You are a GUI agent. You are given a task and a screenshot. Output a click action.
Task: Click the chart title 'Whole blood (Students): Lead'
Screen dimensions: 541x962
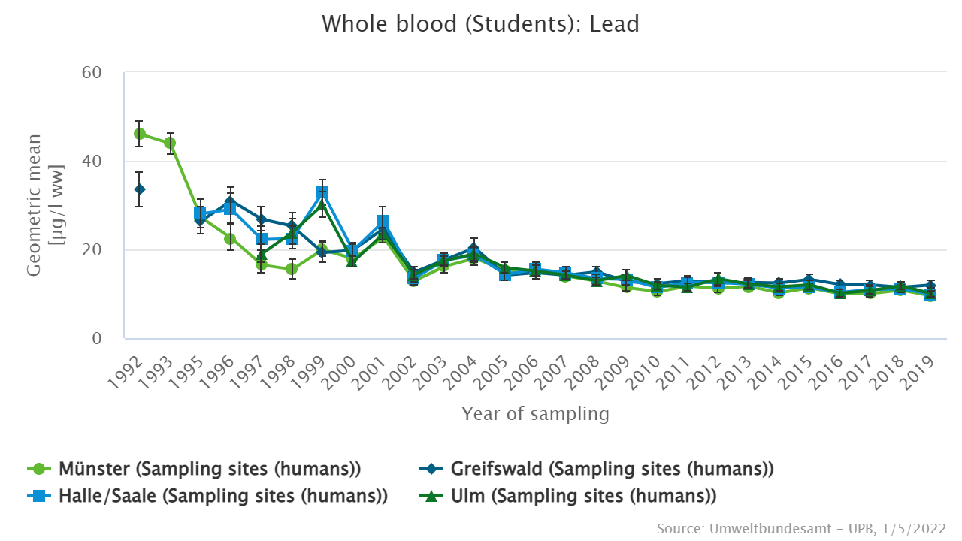(x=480, y=24)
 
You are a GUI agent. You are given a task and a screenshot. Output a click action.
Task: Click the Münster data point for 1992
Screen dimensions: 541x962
(x=140, y=134)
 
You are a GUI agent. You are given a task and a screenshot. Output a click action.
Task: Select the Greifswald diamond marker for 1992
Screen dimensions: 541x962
(x=140, y=189)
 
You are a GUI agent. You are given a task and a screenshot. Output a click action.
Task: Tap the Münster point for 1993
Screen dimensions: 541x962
(x=170, y=143)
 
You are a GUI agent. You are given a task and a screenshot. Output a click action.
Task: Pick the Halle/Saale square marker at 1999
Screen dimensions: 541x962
(x=322, y=193)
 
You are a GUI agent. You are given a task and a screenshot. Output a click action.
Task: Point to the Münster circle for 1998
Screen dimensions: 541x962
(x=292, y=269)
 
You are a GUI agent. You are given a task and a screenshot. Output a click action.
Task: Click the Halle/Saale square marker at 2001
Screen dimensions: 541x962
(x=383, y=222)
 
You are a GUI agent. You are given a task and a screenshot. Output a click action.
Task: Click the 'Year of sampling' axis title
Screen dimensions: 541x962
(x=535, y=414)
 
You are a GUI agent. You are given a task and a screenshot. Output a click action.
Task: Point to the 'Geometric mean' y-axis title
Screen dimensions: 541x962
(x=35, y=204)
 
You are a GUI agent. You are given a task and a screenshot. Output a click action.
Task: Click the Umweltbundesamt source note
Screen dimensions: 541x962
(x=801, y=529)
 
